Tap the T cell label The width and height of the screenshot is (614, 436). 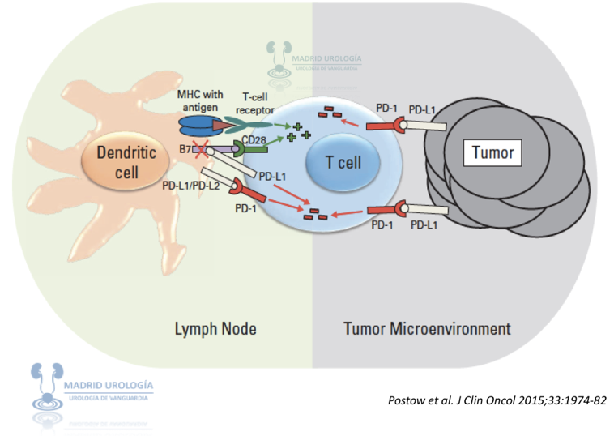[343, 162]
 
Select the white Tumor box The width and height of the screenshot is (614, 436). [493, 152]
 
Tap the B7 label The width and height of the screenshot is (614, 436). [187, 148]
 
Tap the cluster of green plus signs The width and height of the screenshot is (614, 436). [302, 133]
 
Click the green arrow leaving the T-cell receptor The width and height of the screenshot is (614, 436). [280, 125]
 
